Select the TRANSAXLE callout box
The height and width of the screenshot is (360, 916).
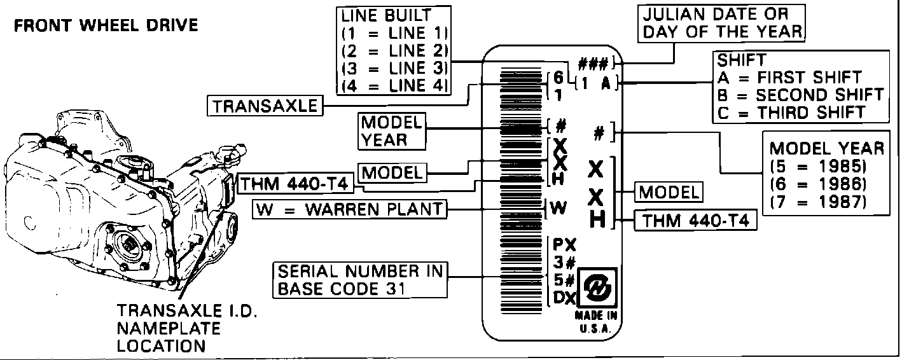tap(265, 106)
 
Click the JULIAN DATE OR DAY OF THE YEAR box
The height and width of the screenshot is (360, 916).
tap(723, 23)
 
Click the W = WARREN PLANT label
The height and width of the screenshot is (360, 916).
tap(349, 209)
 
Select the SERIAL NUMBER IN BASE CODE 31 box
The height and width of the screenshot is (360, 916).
tap(359, 280)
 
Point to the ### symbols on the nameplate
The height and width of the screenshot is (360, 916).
tap(595, 64)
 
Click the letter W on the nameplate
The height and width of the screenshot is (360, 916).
tap(559, 207)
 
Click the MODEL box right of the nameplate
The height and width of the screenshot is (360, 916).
tap(669, 191)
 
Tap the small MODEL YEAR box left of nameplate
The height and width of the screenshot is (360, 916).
tap(391, 131)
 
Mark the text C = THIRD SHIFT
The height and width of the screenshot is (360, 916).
tap(791, 112)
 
